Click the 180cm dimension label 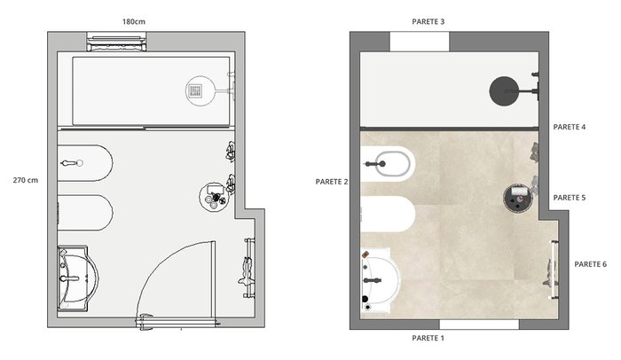point(133,22)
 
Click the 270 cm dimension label point(26,180)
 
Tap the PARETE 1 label point(428,338)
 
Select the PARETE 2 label point(332,182)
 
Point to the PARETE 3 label point(428,22)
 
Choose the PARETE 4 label point(570,127)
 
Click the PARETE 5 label point(570,198)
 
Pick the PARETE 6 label point(590,264)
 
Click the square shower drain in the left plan point(195,90)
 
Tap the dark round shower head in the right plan point(504,91)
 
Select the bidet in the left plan point(85,163)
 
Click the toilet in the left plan point(85,212)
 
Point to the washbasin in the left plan point(78,278)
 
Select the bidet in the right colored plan point(388,163)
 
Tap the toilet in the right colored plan point(388,215)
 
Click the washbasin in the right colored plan point(381,280)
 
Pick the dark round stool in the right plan point(518,198)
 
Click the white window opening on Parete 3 point(420,42)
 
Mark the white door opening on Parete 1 point(479,325)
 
